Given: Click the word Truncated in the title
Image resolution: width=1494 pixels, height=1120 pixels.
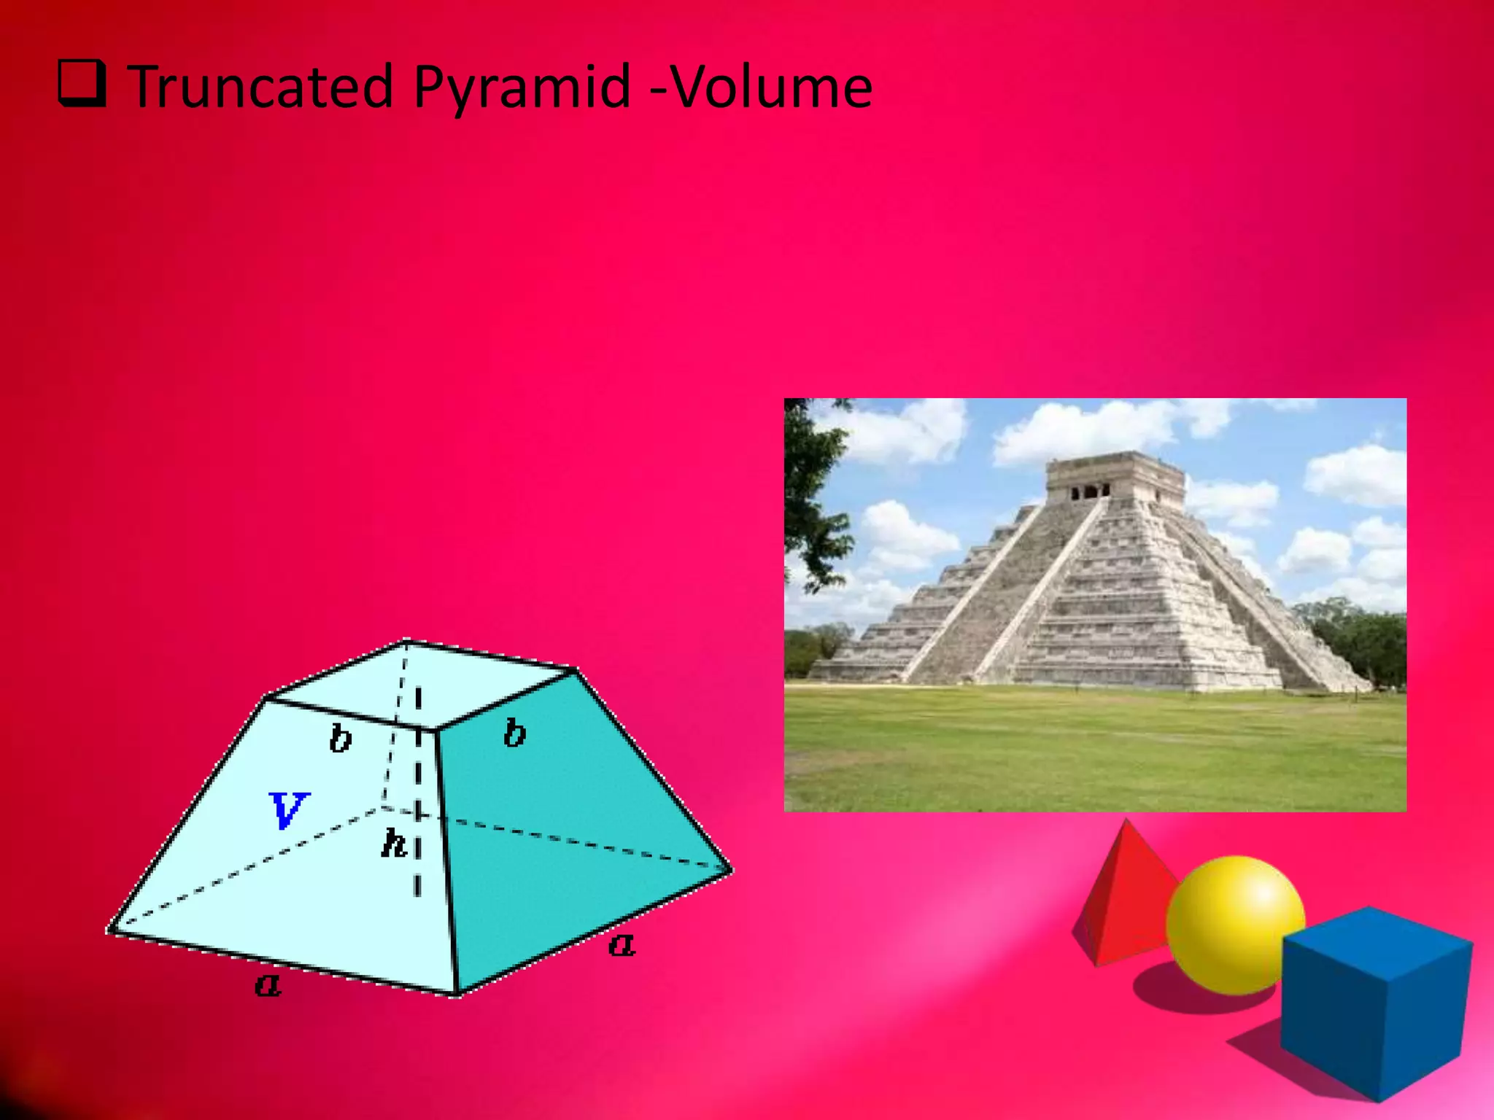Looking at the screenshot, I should (260, 87).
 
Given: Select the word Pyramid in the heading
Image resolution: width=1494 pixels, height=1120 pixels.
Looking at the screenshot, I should (520, 87).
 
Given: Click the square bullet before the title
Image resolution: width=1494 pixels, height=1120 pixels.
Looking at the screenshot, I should (82, 85).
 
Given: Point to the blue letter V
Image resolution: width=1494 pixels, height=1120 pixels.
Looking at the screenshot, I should (289, 810).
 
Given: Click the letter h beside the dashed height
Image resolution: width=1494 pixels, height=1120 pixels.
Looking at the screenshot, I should (394, 844).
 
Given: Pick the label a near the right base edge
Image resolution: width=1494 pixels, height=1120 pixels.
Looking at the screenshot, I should (622, 946).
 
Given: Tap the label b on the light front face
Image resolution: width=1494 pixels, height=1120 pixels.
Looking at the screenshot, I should (340, 739).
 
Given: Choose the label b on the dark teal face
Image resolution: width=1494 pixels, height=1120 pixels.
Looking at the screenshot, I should (514, 733).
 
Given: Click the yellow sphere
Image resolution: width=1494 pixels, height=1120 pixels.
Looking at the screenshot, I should (1235, 925).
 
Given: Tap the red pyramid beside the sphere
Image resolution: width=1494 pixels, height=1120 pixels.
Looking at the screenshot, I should (1120, 897).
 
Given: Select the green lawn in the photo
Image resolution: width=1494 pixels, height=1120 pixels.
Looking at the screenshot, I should (1094, 751).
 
